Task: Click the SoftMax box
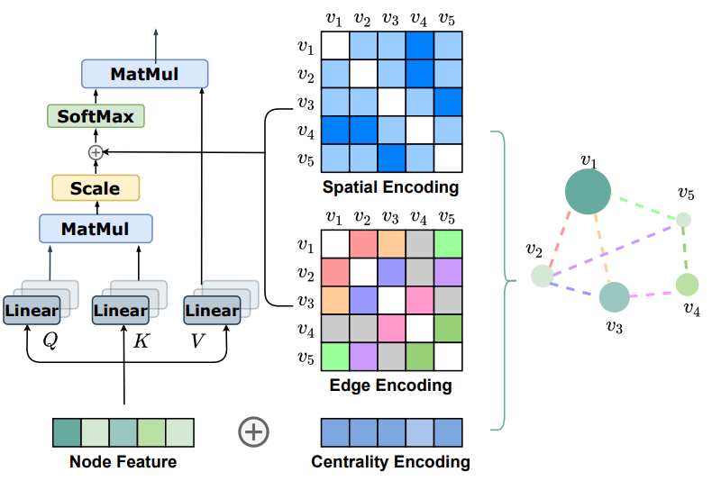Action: click(x=96, y=116)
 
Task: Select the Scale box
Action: click(x=95, y=188)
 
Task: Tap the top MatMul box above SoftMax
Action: click(x=144, y=73)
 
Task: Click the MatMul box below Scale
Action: click(x=96, y=229)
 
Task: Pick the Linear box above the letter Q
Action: click(x=32, y=311)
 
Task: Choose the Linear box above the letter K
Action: click(x=121, y=311)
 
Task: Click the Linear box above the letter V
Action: click(x=212, y=311)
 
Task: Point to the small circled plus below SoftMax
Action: click(x=96, y=153)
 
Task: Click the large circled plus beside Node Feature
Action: click(x=253, y=432)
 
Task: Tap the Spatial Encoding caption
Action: click(x=390, y=188)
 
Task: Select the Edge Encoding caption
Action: click(x=391, y=386)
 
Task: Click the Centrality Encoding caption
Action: click(x=390, y=463)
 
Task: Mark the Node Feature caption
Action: click(x=123, y=463)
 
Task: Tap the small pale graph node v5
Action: click(x=684, y=219)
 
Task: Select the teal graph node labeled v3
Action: click(x=614, y=297)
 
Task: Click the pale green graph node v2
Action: click(x=542, y=276)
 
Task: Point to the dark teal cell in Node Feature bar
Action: click(x=67, y=432)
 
